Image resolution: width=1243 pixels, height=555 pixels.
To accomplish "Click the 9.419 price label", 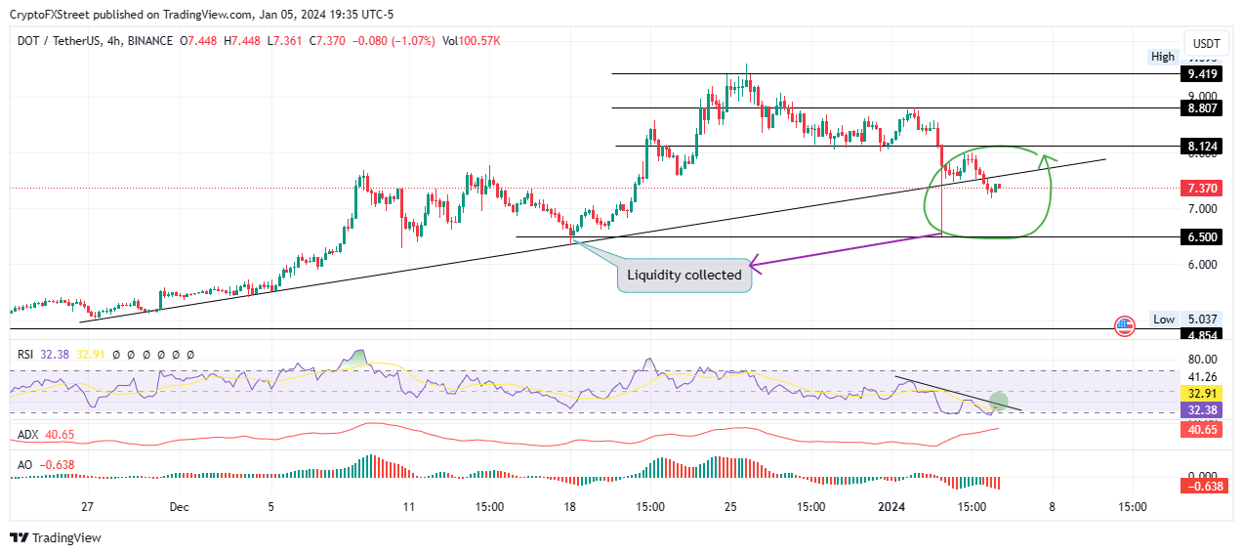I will [x=1199, y=74].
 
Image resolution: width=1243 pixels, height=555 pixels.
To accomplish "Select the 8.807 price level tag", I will [x=1199, y=108].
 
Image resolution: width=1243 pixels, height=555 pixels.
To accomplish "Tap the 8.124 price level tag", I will [x=1199, y=146].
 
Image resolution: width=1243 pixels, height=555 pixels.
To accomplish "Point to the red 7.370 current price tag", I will [x=1199, y=189].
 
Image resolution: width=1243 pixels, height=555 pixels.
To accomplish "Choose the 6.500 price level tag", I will [x=1199, y=236].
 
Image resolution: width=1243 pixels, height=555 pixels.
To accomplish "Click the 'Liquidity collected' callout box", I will [x=684, y=275].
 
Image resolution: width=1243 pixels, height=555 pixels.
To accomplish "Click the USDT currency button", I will [x=1207, y=44].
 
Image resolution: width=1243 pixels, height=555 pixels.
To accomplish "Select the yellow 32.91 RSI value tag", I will [x=1199, y=394].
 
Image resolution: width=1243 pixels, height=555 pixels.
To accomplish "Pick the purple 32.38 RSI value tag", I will [x=1199, y=410].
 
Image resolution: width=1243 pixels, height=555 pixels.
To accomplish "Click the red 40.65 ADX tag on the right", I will [x=1199, y=428].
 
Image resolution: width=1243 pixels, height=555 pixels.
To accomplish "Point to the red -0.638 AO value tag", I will [x=1199, y=486].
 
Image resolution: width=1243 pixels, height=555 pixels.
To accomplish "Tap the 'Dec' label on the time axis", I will [x=179, y=507].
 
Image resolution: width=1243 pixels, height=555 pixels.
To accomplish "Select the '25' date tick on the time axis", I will [x=730, y=507].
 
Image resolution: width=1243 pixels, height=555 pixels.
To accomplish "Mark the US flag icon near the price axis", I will [x=1124, y=326].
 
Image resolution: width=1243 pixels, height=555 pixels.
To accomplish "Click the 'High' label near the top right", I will [x=1163, y=57].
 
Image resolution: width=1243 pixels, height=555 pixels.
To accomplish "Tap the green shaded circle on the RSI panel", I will [x=998, y=401].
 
